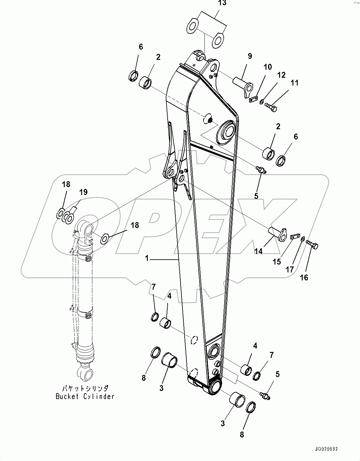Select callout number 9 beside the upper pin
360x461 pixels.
(250, 56)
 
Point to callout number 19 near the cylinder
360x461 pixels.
(83, 192)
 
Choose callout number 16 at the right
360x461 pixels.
(304, 278)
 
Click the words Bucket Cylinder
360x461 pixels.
(85, 396)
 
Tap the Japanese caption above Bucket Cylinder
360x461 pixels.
(85, 388)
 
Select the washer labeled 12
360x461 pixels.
(262, 101)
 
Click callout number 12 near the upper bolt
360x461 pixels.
(281, 75)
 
